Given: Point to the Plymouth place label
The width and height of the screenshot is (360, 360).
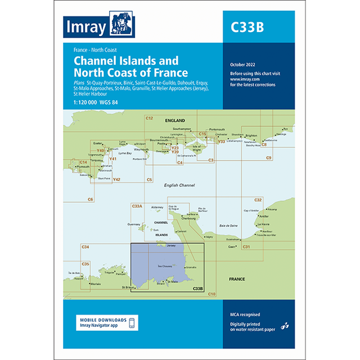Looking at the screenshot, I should (x=84, y=166).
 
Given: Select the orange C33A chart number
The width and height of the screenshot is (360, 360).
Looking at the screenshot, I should (x=137, y=206).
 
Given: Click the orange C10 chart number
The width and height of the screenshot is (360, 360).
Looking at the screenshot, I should (x=211, y=294).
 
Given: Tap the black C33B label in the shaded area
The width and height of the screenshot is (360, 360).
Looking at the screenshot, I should (x=197, y=289).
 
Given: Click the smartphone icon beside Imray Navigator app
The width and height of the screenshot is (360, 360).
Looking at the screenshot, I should (x=132, y=322).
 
